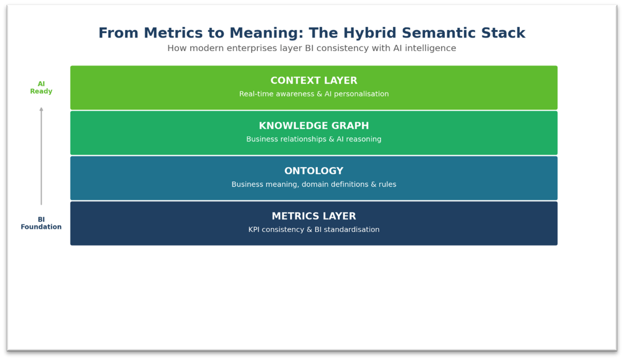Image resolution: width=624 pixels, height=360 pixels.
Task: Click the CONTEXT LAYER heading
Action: [x=314, y=81]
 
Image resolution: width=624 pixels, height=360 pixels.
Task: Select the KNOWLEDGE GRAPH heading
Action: [x=314, y=126]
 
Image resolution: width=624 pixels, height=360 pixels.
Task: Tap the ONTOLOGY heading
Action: [x=314, y=171]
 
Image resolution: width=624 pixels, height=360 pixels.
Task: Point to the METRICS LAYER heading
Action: [x=314, y=216]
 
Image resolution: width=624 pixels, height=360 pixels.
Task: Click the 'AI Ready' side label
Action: [x=41, y=88]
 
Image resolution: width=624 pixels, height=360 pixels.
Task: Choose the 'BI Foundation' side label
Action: [x=41, y=223]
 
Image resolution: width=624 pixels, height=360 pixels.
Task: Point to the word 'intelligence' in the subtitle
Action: [x=430, y=48]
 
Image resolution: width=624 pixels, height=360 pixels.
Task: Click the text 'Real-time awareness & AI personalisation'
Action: [x=314, y=94]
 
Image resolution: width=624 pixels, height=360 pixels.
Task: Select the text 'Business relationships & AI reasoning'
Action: [x=314, y=139]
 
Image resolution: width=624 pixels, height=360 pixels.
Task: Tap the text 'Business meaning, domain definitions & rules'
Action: [x=314, y=185]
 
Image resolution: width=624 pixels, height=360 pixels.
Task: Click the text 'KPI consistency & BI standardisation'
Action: [x=314, y=230]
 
